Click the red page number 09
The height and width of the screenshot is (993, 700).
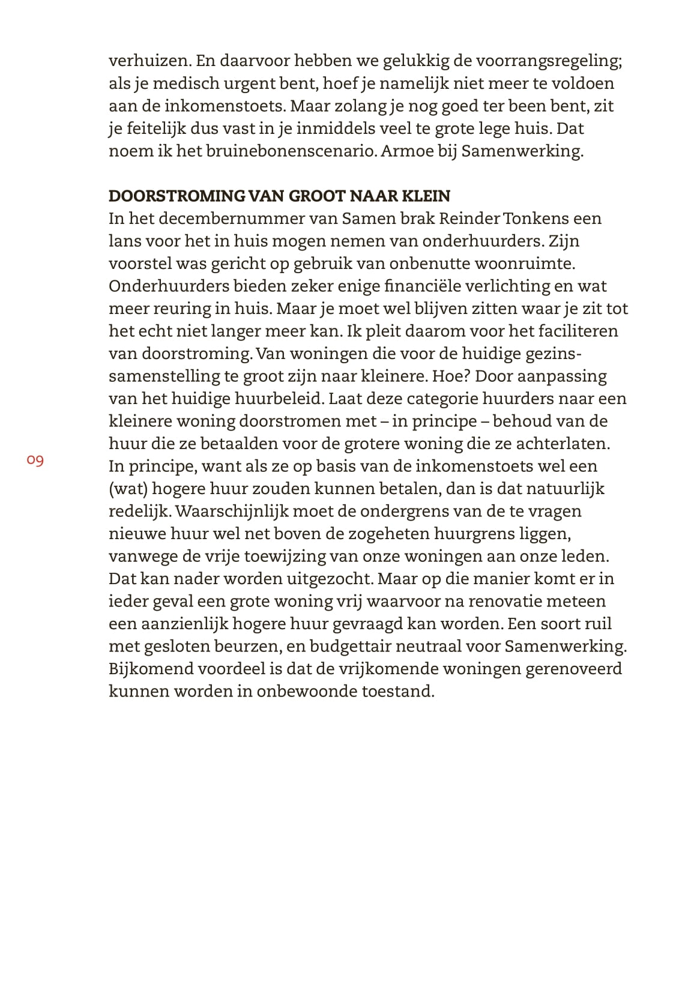pos(35,460)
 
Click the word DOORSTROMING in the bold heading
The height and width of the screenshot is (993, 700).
pos(177,196)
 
